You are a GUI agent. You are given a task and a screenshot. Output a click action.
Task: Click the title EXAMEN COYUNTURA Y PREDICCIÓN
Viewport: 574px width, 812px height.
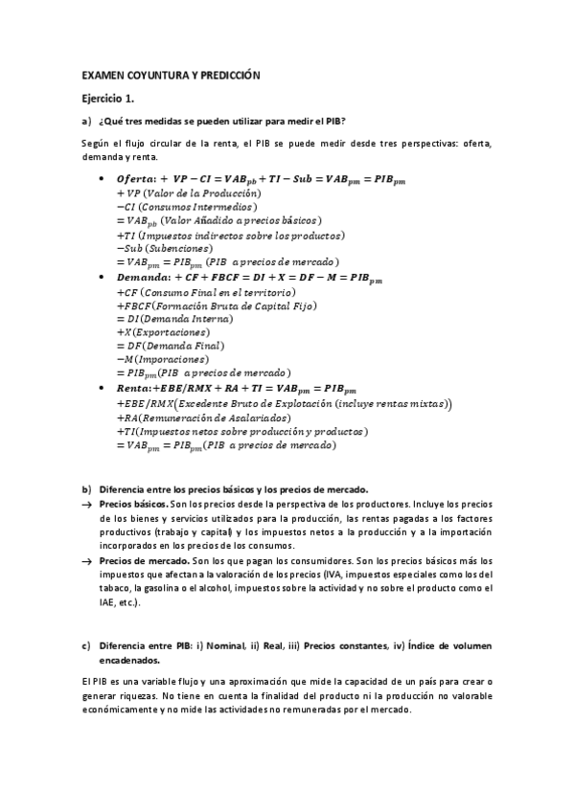click(x=171, y=74)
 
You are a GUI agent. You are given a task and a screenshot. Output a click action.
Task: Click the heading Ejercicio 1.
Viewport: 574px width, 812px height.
click(x=108, y=98)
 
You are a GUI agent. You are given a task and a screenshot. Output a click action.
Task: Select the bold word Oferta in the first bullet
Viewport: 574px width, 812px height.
click(x=136, y=179)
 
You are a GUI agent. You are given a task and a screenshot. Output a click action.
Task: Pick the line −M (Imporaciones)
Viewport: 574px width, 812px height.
click(x=156, y=358)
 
